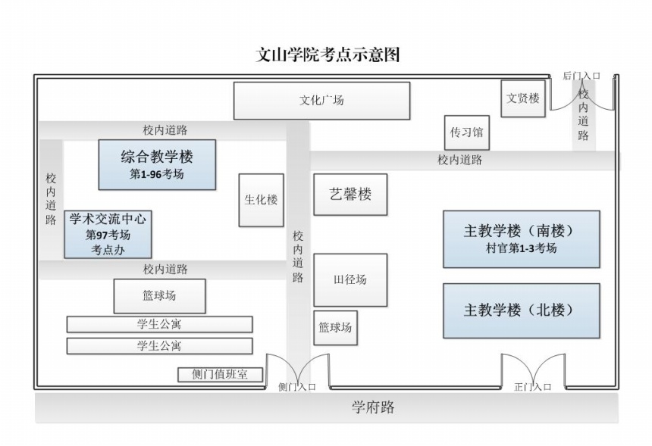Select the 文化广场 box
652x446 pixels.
click(x=321, y=100)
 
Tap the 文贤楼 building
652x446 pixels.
click(x=523, y=98)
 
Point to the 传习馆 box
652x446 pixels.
click(x=466, y=133)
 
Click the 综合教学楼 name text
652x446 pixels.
click(x=157, y=158)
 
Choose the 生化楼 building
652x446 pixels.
click(x=261, y=200)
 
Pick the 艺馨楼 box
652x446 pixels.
click(x=350, y=194)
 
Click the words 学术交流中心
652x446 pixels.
click(x=108, y=220)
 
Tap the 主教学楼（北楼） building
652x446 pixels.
click(x=521, y=310)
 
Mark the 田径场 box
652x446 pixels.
click(x=350, y=279)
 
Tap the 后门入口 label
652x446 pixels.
click(x=581, y=76)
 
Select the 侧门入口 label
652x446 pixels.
click(x=296, y=387)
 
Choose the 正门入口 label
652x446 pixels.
click(x=532, y=387)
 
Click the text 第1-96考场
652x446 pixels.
click(x=157, y=174)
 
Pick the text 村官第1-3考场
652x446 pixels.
click(x=521, y=248)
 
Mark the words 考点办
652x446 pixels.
click(x=108, y=249)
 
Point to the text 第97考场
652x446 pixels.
click(x=108, y=235)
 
